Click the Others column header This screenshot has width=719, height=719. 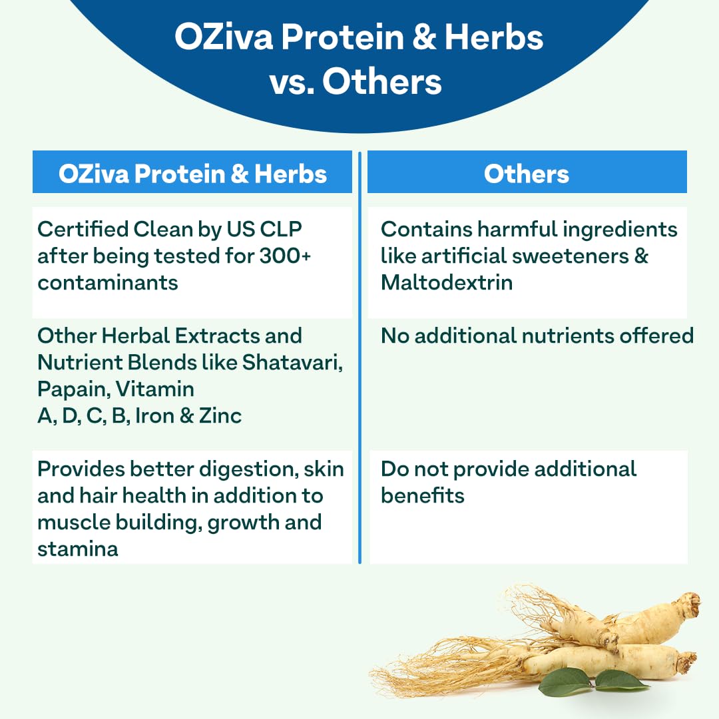point(527,174)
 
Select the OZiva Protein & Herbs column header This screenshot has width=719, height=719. point(192,174)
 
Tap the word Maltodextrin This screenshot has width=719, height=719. point(446,282)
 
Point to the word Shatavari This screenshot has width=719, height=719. point(292,362)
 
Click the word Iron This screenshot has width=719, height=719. point(154,415)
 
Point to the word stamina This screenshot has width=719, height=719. point(77,549)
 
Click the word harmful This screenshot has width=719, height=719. point(513,229)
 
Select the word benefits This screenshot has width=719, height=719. point(422,495)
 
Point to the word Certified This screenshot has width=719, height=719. point(83,229)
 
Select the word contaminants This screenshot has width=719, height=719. point(107,282)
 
